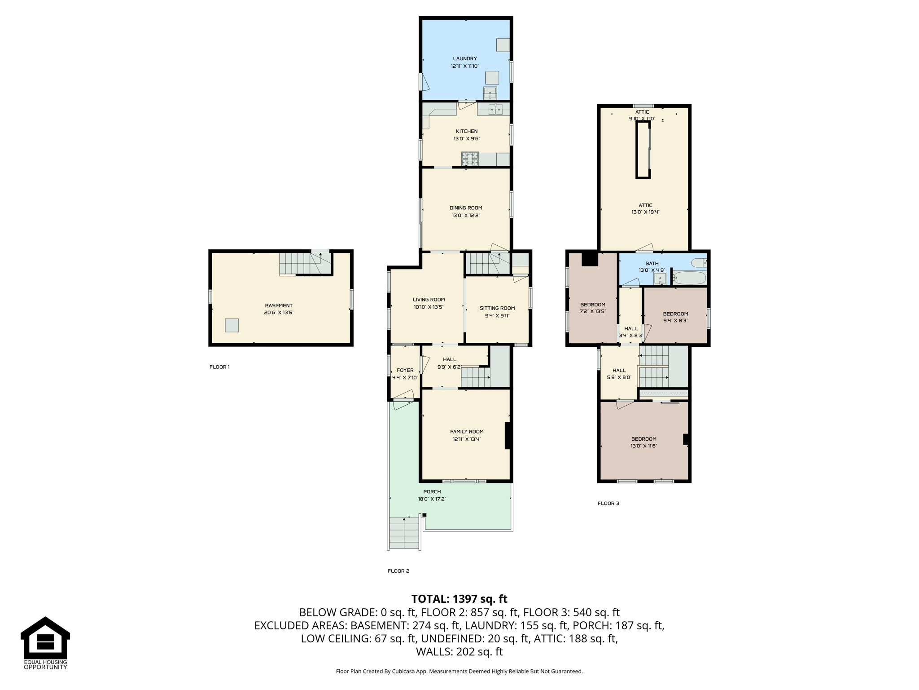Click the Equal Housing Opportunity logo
click(x=45, y=643)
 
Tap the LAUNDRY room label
click(x=465, y=58)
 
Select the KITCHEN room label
click(x=467, y=131)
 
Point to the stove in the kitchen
click(x=470, y=159)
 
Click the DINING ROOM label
click(x=466, y=208)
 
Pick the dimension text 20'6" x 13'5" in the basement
click(x=279, y=313)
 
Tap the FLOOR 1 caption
click(x=219, y=367)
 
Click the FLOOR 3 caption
click(x=608, y=503)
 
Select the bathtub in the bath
click(x=689, y=278)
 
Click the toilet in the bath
click(x=699, y=262)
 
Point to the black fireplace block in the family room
click(x=508, y=435)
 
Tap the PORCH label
click(x=432, y=491)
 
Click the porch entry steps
click(x=405, y=533)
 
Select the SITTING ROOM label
click(x=497, y=308)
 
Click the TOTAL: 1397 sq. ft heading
click(x=459, y=599)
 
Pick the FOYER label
click(x=405, y=371)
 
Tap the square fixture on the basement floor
click(x=232, y=325)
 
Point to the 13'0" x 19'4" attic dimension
click(x=645, y=212)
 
